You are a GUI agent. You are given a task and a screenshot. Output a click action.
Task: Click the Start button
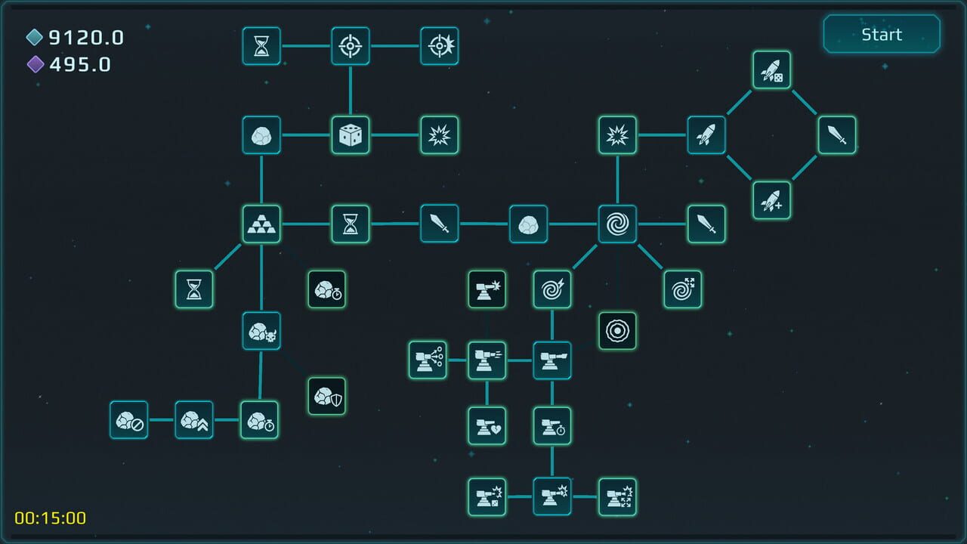coord(882,35)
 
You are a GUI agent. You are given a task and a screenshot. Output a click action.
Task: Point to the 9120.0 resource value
coord(86,38)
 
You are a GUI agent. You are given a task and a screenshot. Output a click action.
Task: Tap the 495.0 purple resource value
coord(80,65)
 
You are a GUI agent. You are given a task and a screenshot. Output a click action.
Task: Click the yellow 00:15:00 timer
coord(51,518)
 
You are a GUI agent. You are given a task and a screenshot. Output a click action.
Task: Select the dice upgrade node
coord(351,135)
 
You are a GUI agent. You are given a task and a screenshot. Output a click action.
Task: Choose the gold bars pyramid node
coord(261,224)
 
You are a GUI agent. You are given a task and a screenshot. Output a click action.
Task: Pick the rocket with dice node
coord(771,70)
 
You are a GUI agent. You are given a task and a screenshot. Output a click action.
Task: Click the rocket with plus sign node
coord(771,200)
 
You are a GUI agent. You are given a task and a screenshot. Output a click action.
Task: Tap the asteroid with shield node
coord(327,396)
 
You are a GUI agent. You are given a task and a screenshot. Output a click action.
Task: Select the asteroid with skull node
coord(261,331)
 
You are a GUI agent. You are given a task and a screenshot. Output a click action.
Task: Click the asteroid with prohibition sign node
coord(128,420)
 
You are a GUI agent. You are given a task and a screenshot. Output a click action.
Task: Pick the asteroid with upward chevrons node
coord(194,420)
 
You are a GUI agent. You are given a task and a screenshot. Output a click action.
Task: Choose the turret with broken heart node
coord(487,426)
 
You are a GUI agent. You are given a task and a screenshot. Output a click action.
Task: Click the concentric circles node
coord(617,331)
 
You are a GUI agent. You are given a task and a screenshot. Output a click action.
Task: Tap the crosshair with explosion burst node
coord(439,46)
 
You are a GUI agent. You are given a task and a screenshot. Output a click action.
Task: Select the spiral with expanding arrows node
coord(683,289)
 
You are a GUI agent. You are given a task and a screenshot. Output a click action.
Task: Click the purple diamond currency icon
coord(36,65)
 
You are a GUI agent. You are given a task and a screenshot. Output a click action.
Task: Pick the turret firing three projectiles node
coord(428,360)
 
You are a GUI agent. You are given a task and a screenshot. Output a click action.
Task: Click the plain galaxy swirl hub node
coord(617,224)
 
